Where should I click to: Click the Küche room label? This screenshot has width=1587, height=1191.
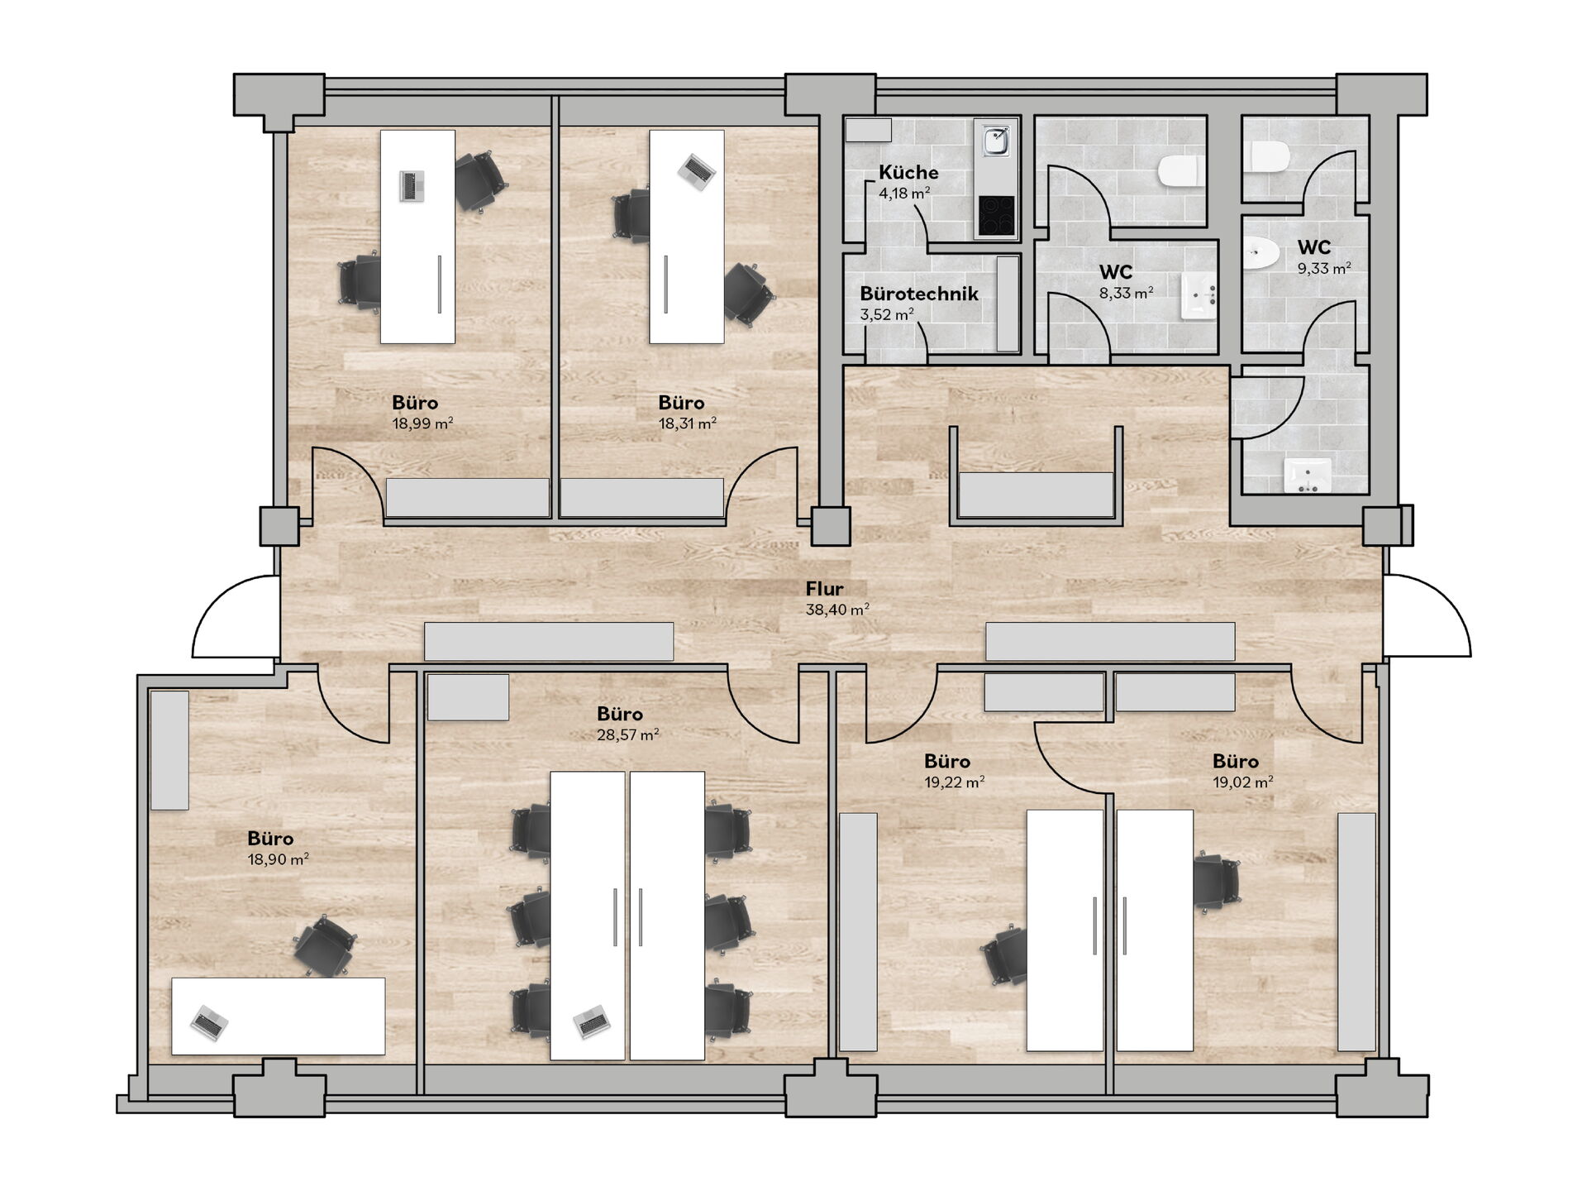tap(908, 173)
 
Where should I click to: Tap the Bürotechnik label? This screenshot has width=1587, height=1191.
tap(919, 294)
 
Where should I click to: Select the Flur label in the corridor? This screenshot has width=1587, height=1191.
tap(825, 589)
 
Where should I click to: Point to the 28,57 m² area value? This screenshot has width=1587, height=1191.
tap(628, 734)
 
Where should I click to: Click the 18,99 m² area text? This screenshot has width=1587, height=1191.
tap(422, 423)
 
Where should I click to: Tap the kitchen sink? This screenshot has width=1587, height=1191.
tap(996, 141)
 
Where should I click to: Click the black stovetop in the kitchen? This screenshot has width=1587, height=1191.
tap(996, 215)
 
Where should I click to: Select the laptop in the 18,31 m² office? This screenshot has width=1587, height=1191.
tap(697, 172)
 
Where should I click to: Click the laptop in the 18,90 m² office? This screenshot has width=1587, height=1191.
tap(209, 1024)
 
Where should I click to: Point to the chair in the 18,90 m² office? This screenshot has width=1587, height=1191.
tap(326, 948)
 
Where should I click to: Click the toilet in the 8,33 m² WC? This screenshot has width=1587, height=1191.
tap(1180, 172)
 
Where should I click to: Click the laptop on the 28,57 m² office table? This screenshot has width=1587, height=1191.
tap(592, 1021)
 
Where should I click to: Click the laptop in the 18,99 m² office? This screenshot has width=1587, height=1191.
tap(412, 186)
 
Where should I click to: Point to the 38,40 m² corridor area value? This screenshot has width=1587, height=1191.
tap(837, 610)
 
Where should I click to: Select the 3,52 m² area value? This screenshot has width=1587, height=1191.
tap(887, 315)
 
